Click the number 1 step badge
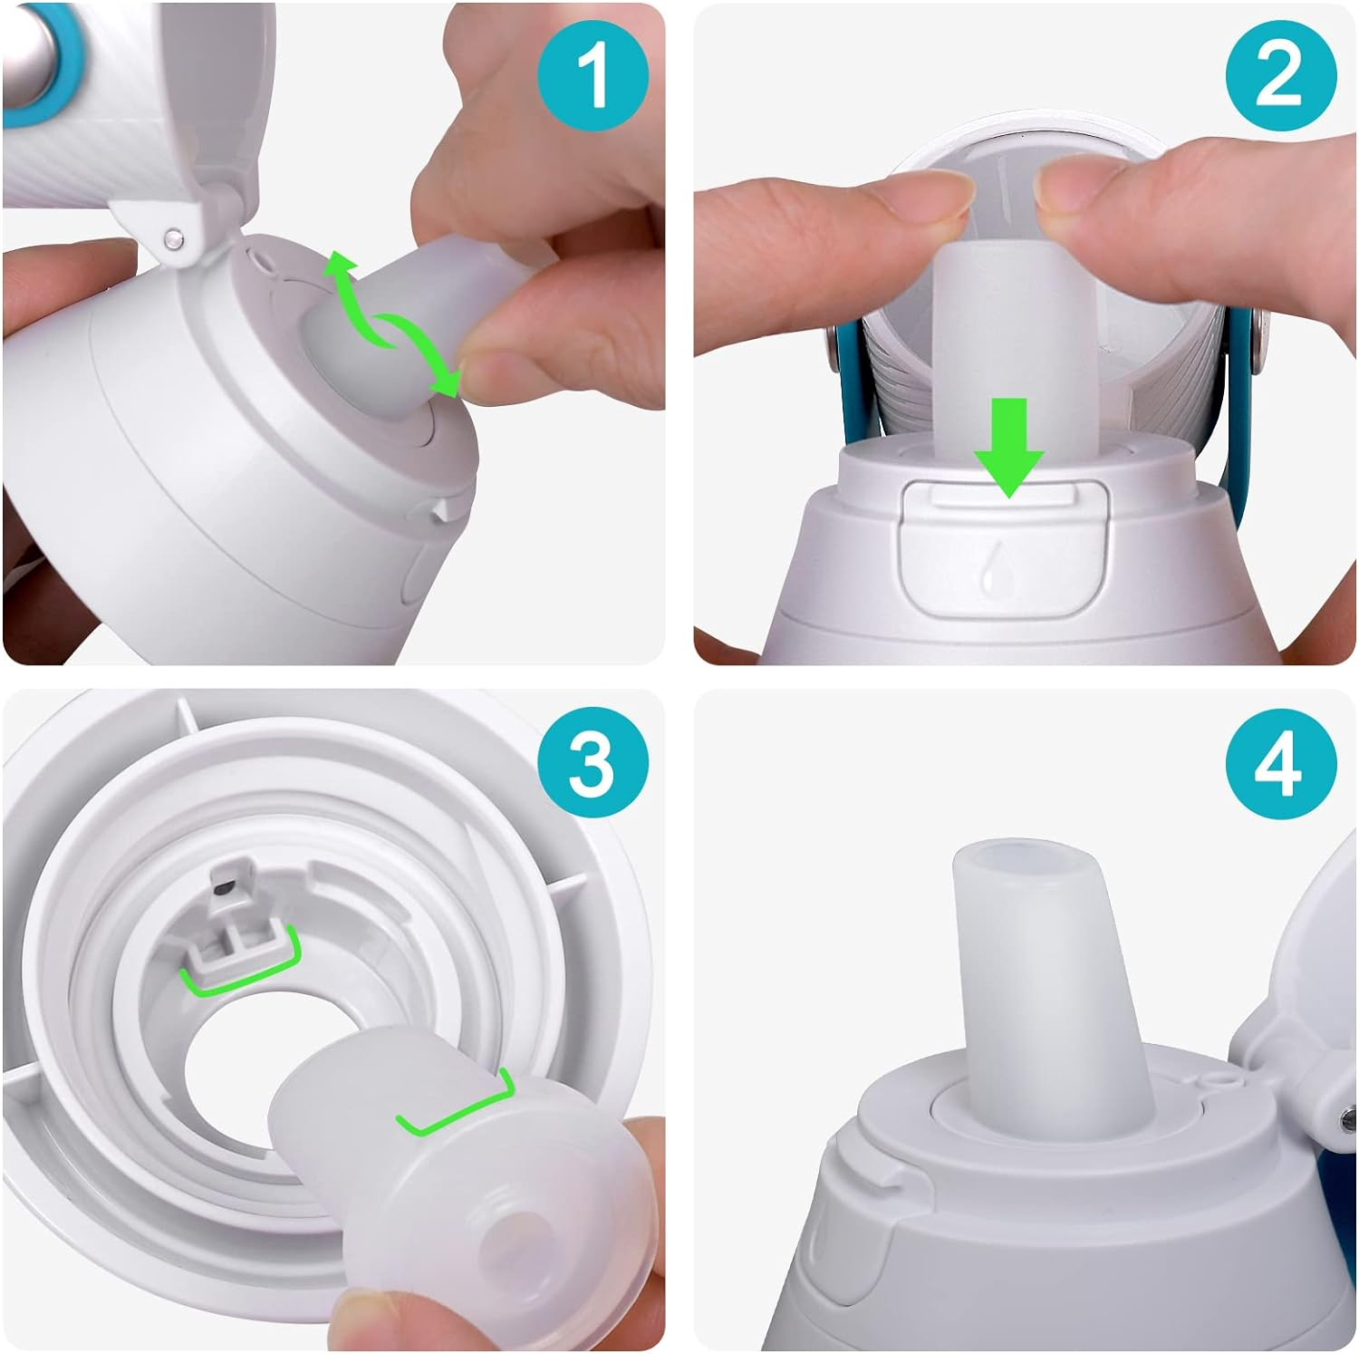[x=593, y=76]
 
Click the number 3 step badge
[x=593, y=764]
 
